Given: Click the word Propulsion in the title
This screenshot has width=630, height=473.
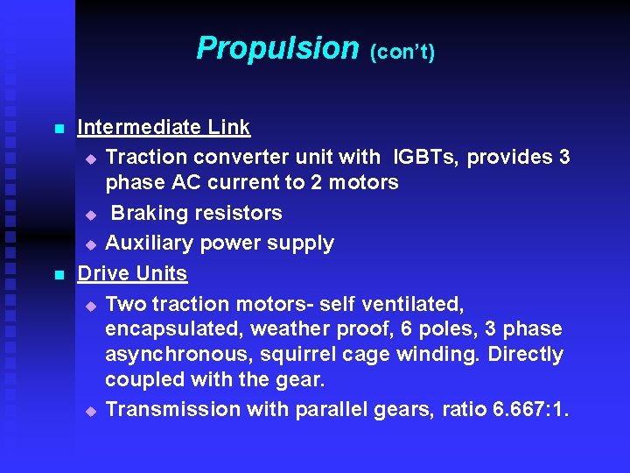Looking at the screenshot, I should tap(277, 47).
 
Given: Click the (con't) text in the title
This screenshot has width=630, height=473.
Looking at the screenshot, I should tap(402, 52).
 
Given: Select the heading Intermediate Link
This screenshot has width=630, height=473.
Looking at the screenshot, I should tap(164, 127).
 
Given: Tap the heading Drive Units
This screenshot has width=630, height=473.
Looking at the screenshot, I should tap(132, 273).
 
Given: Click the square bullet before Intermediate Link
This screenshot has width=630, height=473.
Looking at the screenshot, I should tap(59, 129).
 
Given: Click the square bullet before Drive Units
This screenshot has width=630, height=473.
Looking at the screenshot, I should tap(59, 275).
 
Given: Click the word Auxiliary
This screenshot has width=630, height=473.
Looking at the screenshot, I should tap(150, 243).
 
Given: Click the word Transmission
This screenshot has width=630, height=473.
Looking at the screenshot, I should tap(172, 409).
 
